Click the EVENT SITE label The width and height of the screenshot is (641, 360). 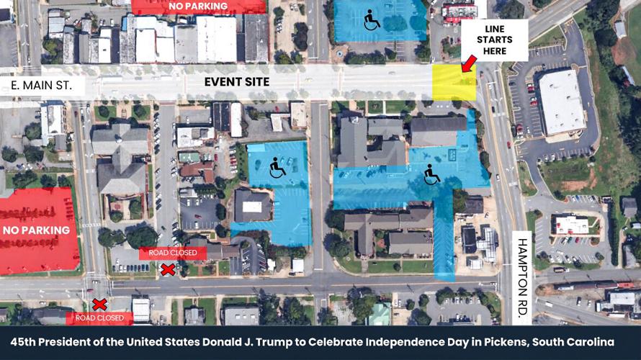tap(236, 82)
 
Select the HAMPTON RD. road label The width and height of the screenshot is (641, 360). tap(522, 264)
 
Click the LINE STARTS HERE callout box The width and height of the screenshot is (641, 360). tap(495, 40)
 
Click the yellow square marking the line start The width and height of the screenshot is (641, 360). tap(454, 82)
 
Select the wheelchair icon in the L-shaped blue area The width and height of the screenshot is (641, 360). tap(432, 174)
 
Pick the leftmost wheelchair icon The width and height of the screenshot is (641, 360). tap(277, 168)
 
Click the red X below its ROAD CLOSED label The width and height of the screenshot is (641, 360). tap(168, 269)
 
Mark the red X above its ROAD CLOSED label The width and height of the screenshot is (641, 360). tap(99, 305)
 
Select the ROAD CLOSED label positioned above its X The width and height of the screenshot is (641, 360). tap(177, 253)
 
